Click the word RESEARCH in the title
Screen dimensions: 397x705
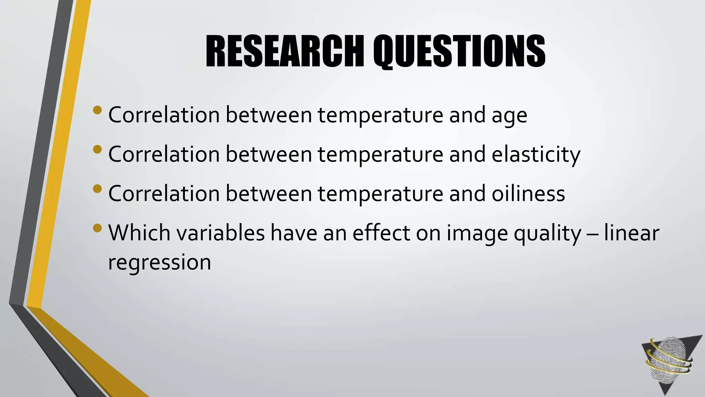[x=285, y=52]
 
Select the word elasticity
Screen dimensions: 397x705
[x=536, y=155]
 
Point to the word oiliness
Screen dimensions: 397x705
[x=528, y=194]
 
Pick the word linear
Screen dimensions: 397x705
[x=631, y=233]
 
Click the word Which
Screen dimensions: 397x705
[x=139, y=233]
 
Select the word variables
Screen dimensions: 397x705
[x=221, y=233]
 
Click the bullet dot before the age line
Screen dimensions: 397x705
[x=97, y=110]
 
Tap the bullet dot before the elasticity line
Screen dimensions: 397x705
[x=97, y=150]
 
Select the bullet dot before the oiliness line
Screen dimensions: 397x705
[x=97, y=189]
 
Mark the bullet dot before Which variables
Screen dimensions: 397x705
[x=97, y=228]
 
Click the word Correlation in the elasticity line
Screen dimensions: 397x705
[x=164, y=155]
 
